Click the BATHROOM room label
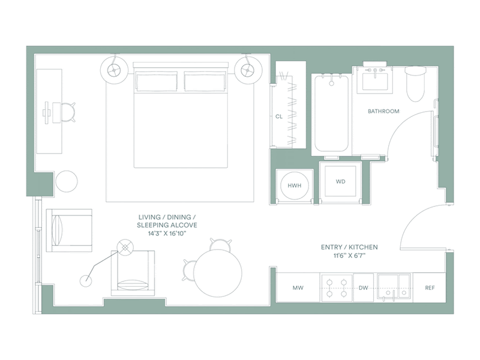(x=383, y=111)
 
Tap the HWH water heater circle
(x=295, y=185)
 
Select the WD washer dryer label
(x=340, y=182)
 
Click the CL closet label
(x=279, y=116)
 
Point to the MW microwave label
(x=298, y=287)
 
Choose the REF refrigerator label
(x=430, y=287)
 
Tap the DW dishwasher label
(x=363, y=287)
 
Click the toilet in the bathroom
(x=415, y=83)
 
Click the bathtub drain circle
(x=331, y=83)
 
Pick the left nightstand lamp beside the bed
(x=113, y=70)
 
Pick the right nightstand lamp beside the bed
(x=247, y=70)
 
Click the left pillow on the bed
(x=157, y=82)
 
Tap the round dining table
(x=218, y=273)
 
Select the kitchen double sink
(x=394, y=287)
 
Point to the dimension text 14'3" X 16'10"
(x=167, y=233)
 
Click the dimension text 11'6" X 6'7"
(x=349, y=256)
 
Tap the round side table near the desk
(x=67, y=181)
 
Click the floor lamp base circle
(x=86, y=281)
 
